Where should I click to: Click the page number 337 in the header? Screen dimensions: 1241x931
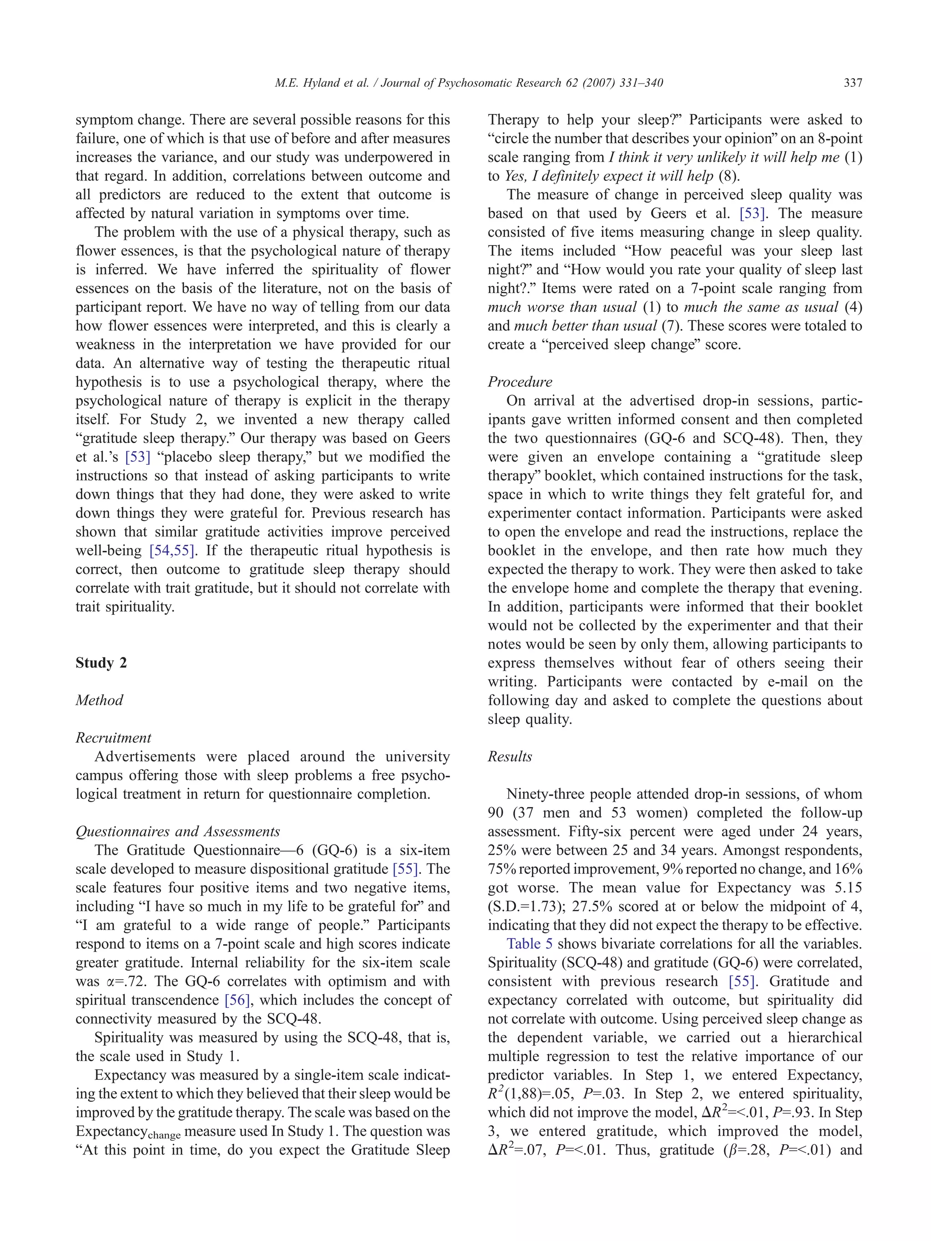pyautogui.click(x=852, y=83)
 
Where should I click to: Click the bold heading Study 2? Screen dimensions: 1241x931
pyautogui.click(x=101, y=663)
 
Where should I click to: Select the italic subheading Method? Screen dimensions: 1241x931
pyautogui.click(x=100, y=700)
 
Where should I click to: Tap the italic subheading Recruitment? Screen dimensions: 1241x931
pyautogui.click(x=113, y=738)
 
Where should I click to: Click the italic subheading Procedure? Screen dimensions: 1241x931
pyautogui.click(x=520, y=382)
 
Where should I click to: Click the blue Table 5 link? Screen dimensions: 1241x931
pyautogui.click(x=529, y=944)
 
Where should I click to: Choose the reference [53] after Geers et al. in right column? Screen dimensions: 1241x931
pyautogui.click(x=750, y=214)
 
